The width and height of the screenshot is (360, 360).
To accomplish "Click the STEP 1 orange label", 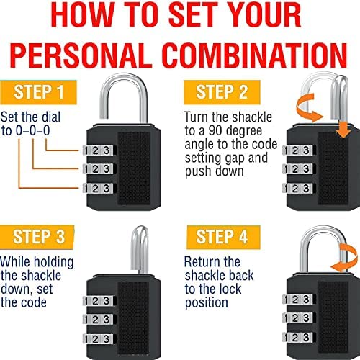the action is coord(38,92).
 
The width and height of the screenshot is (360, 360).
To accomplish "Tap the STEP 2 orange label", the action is coord(222,92).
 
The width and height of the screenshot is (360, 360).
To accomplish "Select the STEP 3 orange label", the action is coord(37,237).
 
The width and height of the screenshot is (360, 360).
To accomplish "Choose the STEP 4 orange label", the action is coord(223,237).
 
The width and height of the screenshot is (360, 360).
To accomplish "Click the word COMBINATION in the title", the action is coord(256,55).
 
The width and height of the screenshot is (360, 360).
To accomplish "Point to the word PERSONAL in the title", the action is coord(81,55).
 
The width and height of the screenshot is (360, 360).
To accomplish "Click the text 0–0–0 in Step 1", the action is coord(33,131).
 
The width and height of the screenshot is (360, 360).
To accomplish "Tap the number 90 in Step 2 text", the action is coord(215,131).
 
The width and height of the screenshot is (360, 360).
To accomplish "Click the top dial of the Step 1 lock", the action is coord(99,150).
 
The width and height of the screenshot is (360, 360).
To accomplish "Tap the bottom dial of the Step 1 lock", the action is coord(99,188).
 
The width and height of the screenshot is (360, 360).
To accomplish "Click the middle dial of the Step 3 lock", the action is coord(99,320).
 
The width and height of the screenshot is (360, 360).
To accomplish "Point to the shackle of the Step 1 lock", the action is coord(124,76).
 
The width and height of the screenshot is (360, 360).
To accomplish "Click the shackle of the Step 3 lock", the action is coord(139,250).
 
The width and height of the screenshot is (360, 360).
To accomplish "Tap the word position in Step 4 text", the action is coord(207,303).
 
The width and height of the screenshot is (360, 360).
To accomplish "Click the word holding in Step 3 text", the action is coord(53,262).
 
